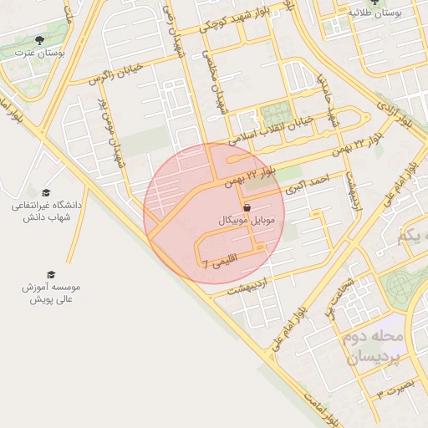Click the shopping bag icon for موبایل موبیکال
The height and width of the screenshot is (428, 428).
(247, 207)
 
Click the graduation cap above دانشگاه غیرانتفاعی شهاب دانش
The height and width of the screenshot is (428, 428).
(45, 192)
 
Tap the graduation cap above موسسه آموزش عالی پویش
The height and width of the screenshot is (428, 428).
(51, 274)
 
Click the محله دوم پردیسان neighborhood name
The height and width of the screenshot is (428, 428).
(374, 347)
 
